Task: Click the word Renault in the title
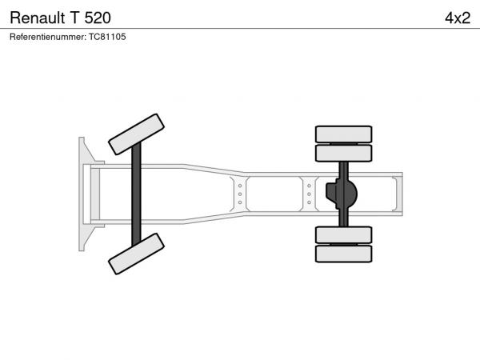coord(38,18)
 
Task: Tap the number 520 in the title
coord(98,18)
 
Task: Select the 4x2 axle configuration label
coord(458,18)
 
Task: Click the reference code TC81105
coord(107,37)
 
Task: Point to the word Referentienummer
coord(48,37)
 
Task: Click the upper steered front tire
coord(136,134)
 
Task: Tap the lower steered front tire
coord(136,254)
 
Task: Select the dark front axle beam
coord(136,194)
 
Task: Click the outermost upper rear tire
coord(343,134)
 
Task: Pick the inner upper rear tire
coord(343,153)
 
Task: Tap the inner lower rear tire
coord(343,234)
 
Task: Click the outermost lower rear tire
coord(343,254)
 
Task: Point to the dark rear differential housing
coord(342,194)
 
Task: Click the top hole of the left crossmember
coord(240,186)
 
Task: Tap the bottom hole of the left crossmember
coord(240,202)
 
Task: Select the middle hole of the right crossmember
coord(309,194)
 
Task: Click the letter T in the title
coord(74,18)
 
